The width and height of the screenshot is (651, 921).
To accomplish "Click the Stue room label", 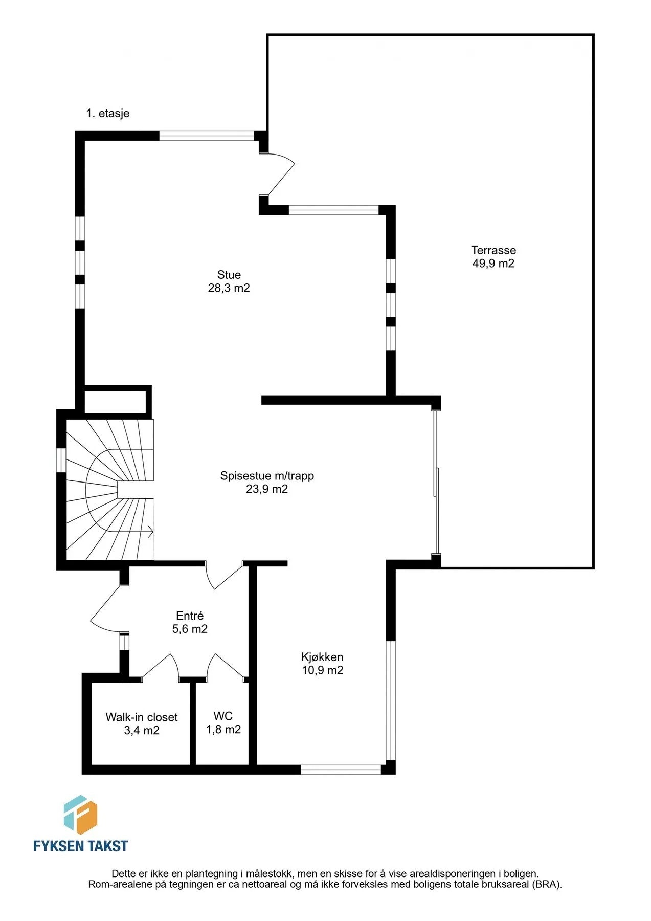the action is (229, 275).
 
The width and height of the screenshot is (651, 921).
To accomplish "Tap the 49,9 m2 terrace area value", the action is (493, 264).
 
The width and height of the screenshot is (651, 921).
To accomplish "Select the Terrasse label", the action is (493, 250).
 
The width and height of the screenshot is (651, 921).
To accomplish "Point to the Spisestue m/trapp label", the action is (267, 476).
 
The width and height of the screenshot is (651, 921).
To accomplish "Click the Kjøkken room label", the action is (322, 657).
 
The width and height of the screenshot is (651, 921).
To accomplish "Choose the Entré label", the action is (190, 616).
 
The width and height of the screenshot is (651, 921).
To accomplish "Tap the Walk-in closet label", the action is (142, 717).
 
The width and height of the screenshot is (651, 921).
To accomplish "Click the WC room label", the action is (223, 716).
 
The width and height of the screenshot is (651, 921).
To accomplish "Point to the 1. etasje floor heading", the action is (108, 114).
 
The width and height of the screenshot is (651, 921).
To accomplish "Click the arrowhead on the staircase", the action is (151, 532).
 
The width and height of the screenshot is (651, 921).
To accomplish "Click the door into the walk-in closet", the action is (161, 666).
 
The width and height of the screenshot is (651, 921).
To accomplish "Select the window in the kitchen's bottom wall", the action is (341, 769).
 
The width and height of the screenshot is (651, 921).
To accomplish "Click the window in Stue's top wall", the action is (207, 136).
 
